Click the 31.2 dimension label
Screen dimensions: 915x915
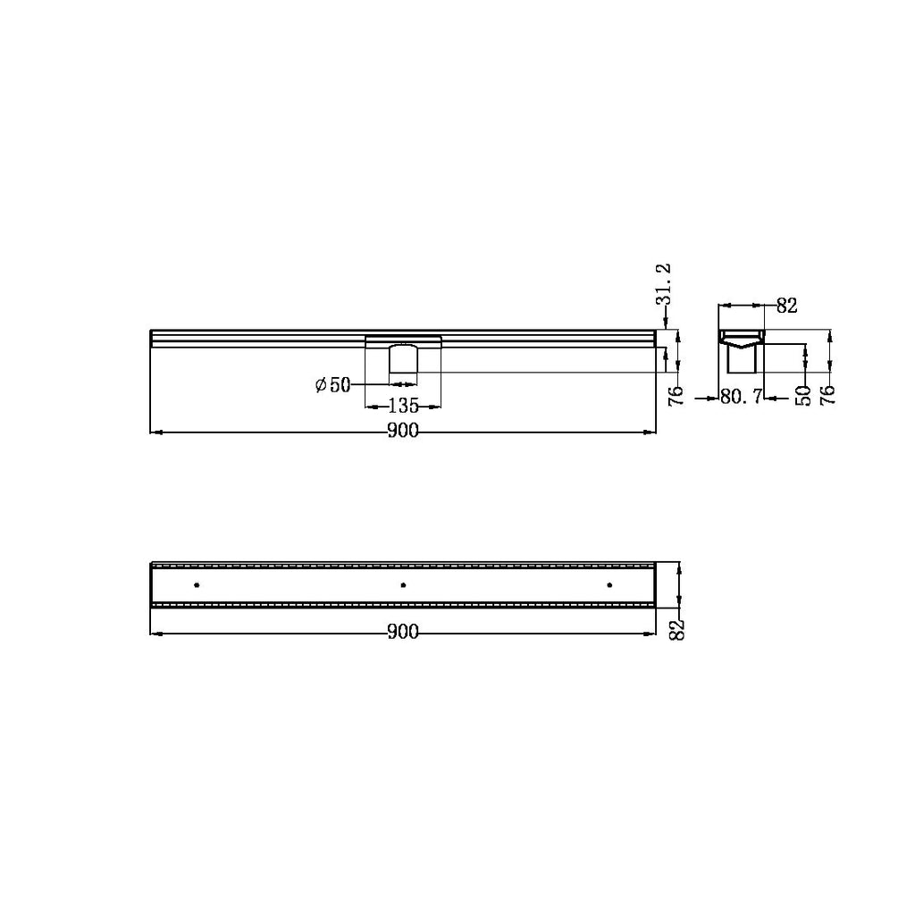[x=663, y=285]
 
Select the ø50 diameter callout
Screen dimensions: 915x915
[x=332, y=385]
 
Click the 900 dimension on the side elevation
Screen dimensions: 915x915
[x=403, y=432]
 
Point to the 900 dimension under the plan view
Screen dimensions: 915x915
[x=403, y=633]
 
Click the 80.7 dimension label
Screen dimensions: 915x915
[x=741, y=397]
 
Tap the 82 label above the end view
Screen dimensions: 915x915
[x=786, y=306]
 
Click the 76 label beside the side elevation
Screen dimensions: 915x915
[x=676, y=396]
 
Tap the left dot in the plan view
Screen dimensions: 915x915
[x=197, y=585]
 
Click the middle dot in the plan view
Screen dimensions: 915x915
[x=403, y=585]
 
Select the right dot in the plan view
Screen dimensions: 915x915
[x=609, y=585]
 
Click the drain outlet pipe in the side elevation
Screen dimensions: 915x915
[x=403, y=359]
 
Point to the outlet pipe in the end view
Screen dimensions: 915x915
[x=743, y=361]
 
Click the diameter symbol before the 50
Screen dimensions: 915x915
[x=321, y=385]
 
